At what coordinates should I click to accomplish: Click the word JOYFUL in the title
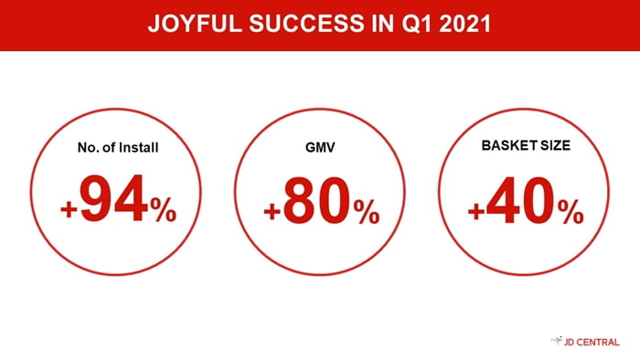pos(195,23)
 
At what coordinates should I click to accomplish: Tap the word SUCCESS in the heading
pos(306,23)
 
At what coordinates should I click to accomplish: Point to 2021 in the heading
pos(464,23)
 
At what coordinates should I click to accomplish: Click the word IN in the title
pos(383,23)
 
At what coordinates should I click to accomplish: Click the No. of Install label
pos(118,147)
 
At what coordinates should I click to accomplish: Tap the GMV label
pos(320,147)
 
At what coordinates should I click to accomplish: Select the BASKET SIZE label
pos(526,145)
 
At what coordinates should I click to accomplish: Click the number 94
pos(114,198)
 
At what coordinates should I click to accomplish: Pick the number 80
pos(316,200)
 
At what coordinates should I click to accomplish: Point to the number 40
pos(520,200)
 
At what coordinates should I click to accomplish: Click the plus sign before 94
pos(69,209)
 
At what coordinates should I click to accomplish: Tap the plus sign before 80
pos(272,212)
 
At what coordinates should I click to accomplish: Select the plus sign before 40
pos(476,212)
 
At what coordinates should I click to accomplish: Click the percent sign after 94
pos(164,209)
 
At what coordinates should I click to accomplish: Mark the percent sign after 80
pos(367,212)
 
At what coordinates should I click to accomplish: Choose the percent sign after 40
pos(571,212)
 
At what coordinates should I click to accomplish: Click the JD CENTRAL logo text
pos(592,342)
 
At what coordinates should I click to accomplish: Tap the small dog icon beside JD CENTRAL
pos(557,341)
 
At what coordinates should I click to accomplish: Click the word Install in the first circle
pos(137,147)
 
